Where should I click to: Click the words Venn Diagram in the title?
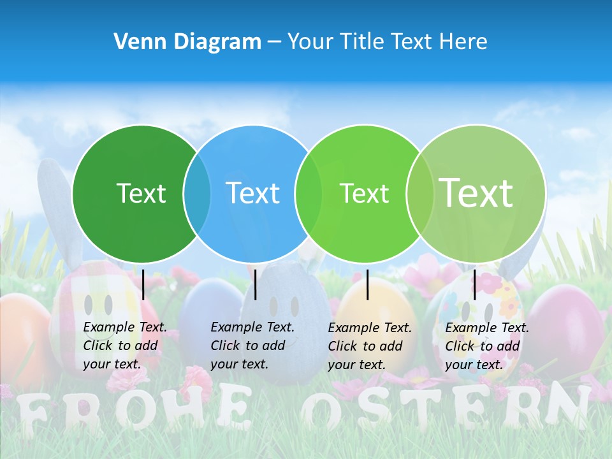point(187,42)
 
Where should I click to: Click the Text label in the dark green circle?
point(141,193)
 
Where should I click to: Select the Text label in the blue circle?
point(253,193)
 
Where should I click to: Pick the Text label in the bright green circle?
point(365,193)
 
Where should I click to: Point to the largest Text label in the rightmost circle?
point(476,193)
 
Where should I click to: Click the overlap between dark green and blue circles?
point(197,194)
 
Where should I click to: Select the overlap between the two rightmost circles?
point(420,194)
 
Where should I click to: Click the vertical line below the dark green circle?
point(143,284)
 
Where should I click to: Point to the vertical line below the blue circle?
point(255,284)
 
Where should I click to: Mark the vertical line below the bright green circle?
point(367,284)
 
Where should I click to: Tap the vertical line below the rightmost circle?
point(474,284)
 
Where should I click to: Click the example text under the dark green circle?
point(125,346)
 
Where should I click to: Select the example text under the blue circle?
point(252,346)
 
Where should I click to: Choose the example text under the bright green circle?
point(370,346)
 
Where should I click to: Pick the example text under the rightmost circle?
point(487,346)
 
